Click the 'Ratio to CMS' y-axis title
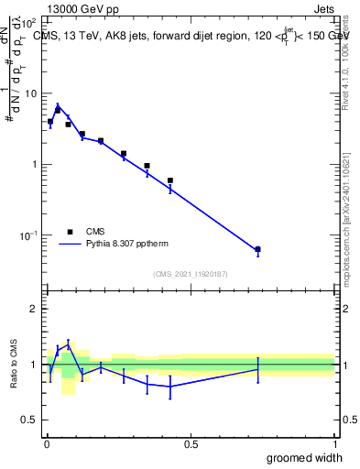(14, 365)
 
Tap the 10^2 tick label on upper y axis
(27, 22)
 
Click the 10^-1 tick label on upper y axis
(27, 235)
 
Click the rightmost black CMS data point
(257, 249)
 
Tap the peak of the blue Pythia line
(58, 105)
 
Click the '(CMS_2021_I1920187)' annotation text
(191, 274)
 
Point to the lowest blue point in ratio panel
(170, 386)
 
